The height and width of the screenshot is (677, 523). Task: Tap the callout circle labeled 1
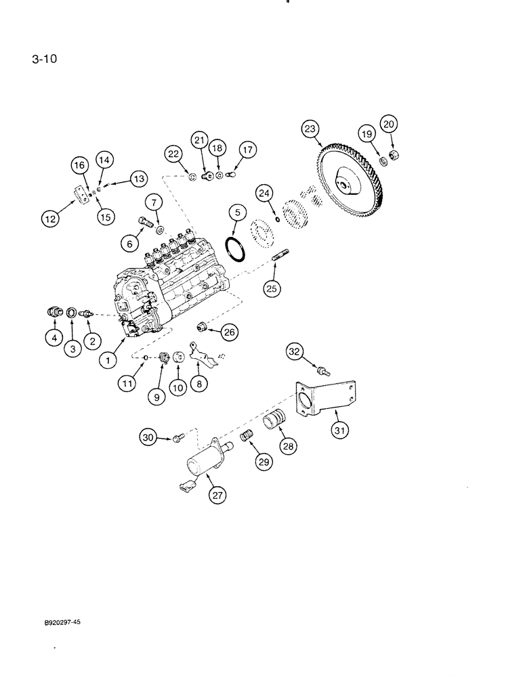pos(106,361)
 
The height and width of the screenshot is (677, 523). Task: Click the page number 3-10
pos(44,59)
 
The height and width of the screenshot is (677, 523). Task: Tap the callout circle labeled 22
pos(173,155)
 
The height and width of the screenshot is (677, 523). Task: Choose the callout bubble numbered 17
pos(247,149)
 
